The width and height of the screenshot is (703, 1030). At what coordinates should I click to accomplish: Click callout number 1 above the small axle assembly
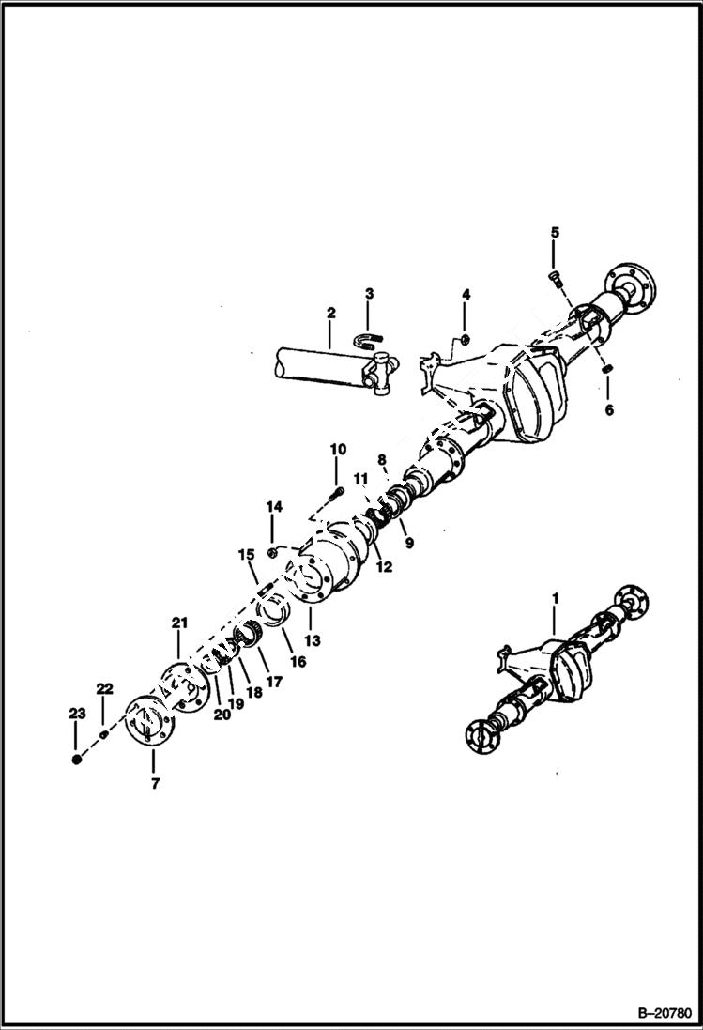point(555,597)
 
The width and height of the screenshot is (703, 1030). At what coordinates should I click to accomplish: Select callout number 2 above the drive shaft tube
point(330,313)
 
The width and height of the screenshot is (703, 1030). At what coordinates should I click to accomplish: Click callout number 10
point(337,449)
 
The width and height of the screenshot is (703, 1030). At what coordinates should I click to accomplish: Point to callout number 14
point(273,507)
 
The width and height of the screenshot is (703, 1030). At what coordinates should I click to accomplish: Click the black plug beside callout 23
point(76,759)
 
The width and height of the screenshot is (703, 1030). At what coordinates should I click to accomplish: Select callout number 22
point(105,689)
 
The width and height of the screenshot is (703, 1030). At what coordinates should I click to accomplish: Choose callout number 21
point(179,623)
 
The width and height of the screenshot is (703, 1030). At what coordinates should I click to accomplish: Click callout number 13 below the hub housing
point(312,640)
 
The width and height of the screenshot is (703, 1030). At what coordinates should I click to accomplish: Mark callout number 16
point(298,661)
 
